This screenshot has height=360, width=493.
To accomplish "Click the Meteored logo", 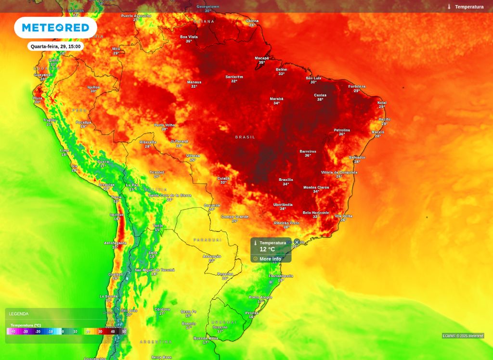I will click(x=55, y=27).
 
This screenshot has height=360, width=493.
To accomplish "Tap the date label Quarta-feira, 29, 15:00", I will click(x=56, y=46).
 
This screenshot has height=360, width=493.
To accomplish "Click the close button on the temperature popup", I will click(x=297, y=242).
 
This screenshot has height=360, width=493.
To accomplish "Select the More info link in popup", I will click(x=270, y=259).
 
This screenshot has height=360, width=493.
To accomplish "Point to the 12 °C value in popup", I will click(x=267, y=249).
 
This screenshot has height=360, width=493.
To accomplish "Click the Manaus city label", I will click(x=194, y=82).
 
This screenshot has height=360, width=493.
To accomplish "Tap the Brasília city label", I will click(x=286, y=180).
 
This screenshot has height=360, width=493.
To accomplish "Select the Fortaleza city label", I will click(x=357, y=87).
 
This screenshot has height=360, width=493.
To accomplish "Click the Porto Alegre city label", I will click(x=260, y=297).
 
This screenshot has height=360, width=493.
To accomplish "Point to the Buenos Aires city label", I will click(x=206, y=338).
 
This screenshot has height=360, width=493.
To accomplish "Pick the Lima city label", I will click(x=65, y=150).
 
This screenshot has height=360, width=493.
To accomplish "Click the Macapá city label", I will click(x=262, y=58).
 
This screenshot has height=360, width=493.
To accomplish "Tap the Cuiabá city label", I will click(x=223, y=178).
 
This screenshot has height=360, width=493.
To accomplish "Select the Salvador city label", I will click(x=357, y=157).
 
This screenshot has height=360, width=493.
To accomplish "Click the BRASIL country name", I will click(x=245, y=137).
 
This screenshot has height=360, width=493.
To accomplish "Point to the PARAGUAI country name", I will click(x=208, y=240).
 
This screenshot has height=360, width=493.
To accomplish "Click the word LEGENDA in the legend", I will click(x=19, y=314).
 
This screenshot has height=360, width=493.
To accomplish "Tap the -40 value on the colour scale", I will click(x=13, y=332).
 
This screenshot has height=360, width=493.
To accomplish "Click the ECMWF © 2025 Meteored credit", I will click(x=463, y=336).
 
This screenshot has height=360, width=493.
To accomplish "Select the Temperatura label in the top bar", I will click(x=469, y=7).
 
